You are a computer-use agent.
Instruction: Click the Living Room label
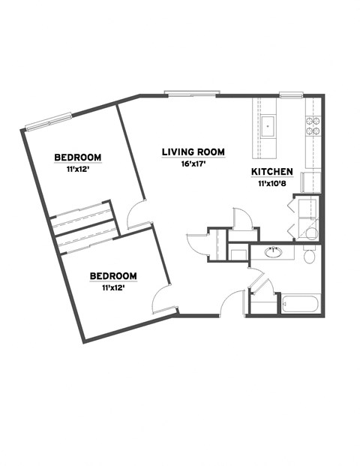pyautogui.click(x=193, y=152)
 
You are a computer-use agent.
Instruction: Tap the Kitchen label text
pyautogui.click(x=271, y=172)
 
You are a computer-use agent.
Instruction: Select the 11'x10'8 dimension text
pyautogui.click(x=271, y=182)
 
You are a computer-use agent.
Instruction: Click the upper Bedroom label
pyautogui.click(x=77, y=157)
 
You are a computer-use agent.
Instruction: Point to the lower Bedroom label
pyautogui.click(x=113, y=275)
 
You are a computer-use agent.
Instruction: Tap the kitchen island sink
pyautogui.click(x=268, y=125)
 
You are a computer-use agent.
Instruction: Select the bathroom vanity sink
pyautogui.click(x=274, y=251)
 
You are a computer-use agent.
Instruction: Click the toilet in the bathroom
pyautogui.click(x=310, y=257)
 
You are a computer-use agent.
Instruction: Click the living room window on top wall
pyautogui.click(x=192, y=95)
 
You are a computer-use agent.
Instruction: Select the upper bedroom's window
pyautogui.click(x=48, y=119)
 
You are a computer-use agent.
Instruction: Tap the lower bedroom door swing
pyautogui.click(x=165, y=299)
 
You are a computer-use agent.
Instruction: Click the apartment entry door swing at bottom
pyautogui.click(x=235, y=302)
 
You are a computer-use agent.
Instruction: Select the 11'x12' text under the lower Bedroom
pyautogui.click(x=113, y=287)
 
